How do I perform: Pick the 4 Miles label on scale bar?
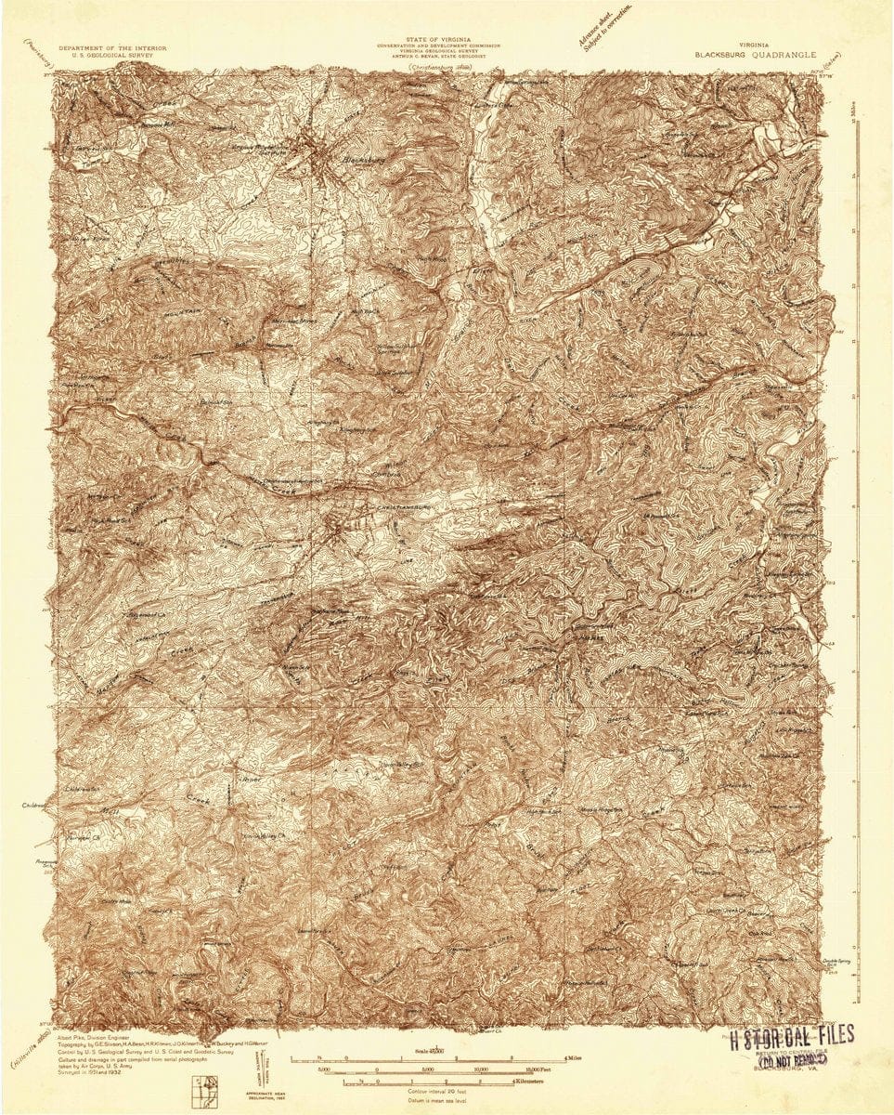[575, 1058]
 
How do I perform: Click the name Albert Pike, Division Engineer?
[94, 1035]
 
